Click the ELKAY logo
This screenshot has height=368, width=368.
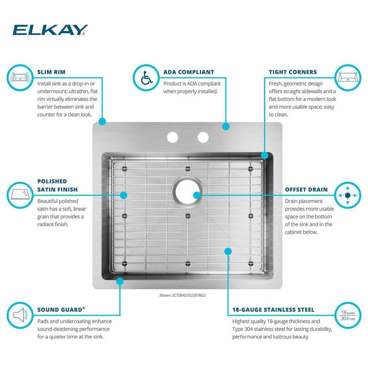point(50,30)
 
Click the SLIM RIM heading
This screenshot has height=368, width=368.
point(51,72)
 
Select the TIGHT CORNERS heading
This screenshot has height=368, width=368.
point(293,72)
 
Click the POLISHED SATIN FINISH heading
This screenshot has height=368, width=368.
point(57,185)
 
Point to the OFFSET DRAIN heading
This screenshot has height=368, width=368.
point(306,190)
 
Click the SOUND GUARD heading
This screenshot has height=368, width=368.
point(61,309)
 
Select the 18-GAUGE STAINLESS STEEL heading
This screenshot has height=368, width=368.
point(273,310)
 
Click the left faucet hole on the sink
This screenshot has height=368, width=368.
point(172,137)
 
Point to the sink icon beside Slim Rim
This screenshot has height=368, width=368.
point(20,77)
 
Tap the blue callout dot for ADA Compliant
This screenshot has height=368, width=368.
point(226,127)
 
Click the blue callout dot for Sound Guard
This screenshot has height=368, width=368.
point(119,281)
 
